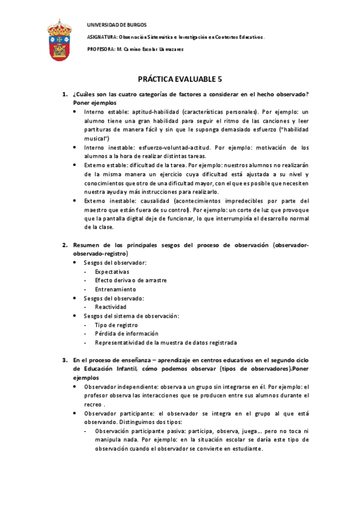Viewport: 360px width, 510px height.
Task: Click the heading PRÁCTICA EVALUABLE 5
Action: point(180,79)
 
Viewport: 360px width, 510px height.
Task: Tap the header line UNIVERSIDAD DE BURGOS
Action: point(112,25)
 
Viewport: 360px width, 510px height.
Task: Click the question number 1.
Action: point(65,95)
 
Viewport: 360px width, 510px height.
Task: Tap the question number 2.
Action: point(65,245)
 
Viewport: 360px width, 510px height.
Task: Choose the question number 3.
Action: point(65,360)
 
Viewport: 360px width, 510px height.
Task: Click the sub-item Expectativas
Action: point(112,272)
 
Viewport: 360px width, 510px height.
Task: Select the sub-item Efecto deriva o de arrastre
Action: point(130,280)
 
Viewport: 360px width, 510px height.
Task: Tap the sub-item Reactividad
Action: point(111,307)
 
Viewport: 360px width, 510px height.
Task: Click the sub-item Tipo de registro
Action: point(115,325)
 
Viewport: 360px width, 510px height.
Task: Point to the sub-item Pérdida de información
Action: point(126,333)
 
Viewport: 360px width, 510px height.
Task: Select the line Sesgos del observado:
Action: point(114,298)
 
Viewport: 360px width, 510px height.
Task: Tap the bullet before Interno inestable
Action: point(75,147)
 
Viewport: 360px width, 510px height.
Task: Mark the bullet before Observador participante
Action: point(75,413)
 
